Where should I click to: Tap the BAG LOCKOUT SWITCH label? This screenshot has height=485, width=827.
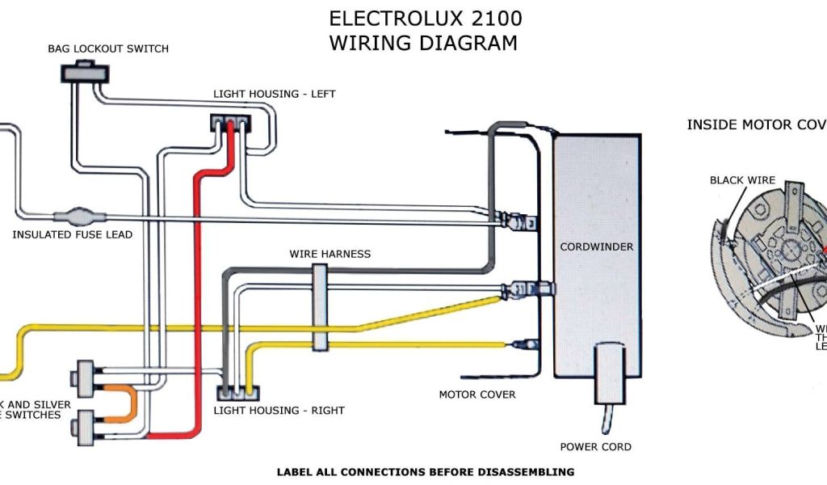108,48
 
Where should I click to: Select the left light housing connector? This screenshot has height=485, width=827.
230,124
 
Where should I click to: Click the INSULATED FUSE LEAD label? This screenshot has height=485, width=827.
72,235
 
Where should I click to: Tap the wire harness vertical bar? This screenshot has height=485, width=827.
320,308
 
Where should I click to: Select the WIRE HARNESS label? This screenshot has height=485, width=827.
330,254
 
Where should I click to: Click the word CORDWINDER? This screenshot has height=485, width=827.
597,247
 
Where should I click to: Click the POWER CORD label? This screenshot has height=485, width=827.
596,446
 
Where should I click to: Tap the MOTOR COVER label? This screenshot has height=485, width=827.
476,394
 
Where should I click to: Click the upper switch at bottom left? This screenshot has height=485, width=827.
84,375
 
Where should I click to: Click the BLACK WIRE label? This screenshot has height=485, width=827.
742,180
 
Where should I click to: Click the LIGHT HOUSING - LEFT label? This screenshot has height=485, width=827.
274,94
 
